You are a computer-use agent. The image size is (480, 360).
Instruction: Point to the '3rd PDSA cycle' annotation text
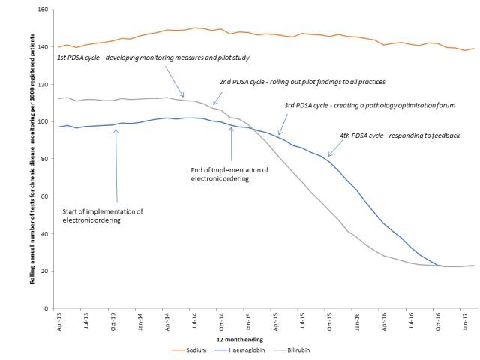coord(370,106)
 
